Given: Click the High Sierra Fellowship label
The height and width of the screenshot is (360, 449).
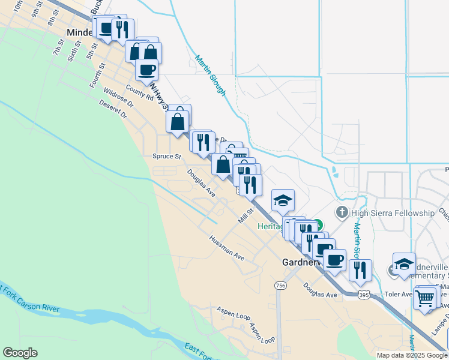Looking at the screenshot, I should coord(393,213).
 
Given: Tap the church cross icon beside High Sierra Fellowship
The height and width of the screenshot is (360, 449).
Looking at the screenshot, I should coord(342,212).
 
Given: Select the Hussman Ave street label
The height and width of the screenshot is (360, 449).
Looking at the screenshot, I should coord(227,248).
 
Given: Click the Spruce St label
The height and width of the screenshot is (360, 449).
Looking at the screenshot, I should coord(167,156).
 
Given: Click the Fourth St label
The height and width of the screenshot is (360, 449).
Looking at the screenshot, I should coord(97,78).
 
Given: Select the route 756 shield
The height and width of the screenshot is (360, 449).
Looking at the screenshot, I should coord(280,284).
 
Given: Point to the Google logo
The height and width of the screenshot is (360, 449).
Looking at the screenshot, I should coord(20,353).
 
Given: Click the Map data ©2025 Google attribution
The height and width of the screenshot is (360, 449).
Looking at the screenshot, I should coord(412,355).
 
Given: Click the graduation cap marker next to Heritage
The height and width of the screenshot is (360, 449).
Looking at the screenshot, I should coord(283,200).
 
